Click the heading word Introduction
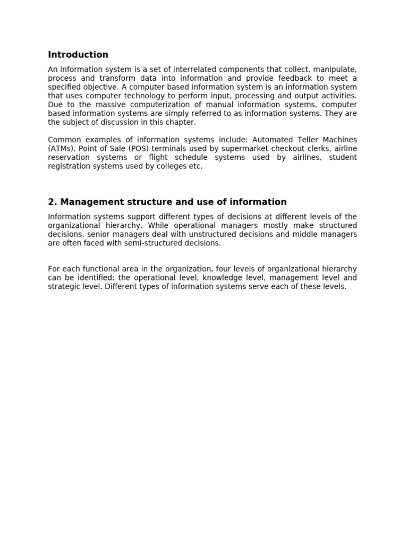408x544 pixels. [78, 55]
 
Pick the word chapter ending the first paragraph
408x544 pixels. [180, 122]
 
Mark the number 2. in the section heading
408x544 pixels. [52, 202]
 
